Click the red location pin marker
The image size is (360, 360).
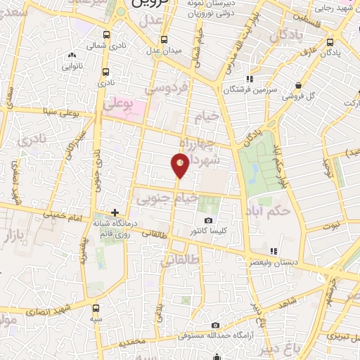(x=181, y=165)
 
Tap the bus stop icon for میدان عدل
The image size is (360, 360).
(x=164, y=39)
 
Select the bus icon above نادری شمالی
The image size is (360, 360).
(x=106, y=34)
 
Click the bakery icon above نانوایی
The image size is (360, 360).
(x=71, y=56)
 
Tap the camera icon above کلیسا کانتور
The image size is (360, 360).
(x=208, y=220)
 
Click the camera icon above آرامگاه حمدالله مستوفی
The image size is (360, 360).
(x=215, y=325)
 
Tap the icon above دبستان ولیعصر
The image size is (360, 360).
(x=274, y=250)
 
